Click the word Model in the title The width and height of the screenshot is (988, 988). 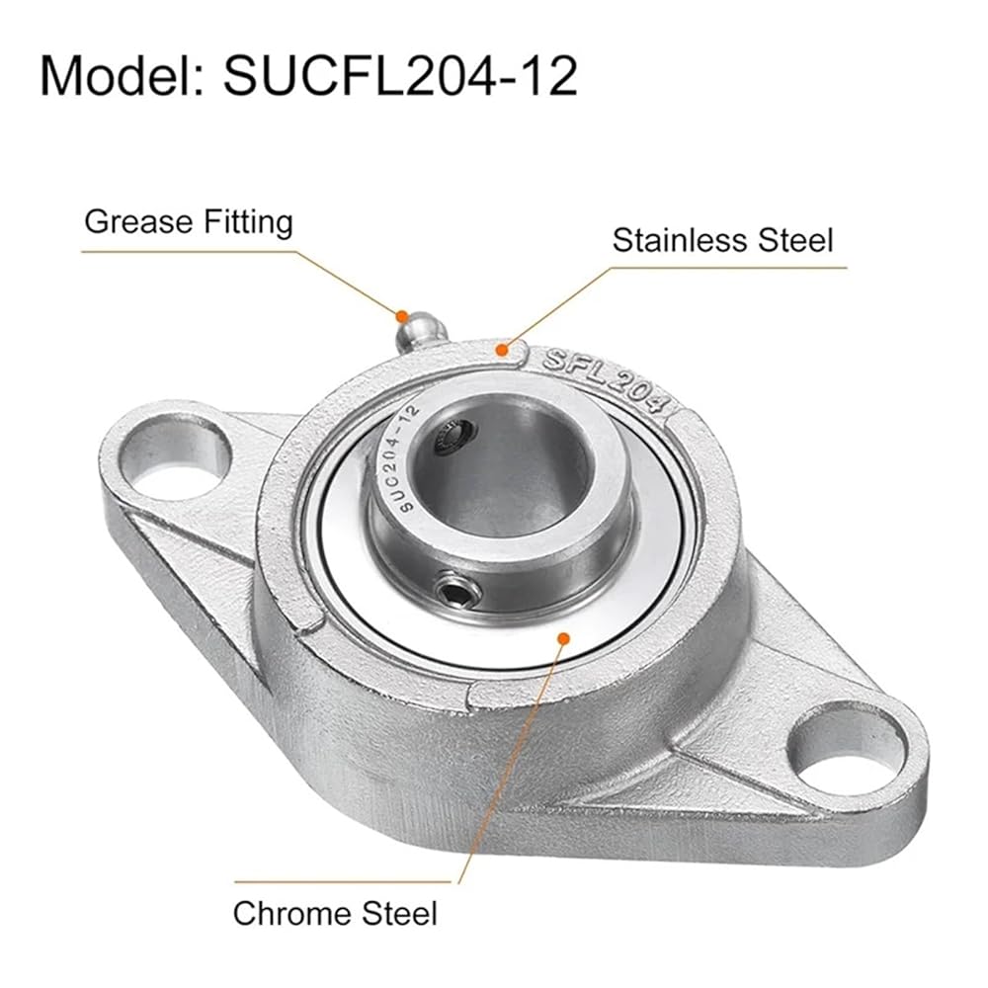(122, 76)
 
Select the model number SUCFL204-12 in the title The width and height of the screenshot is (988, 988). (400, 76)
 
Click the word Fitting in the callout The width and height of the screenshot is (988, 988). (249, 222)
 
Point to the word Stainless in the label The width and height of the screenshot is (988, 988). (681, 240)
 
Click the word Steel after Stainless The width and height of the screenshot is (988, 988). (795, 240)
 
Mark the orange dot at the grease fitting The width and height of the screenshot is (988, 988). (401, 315)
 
